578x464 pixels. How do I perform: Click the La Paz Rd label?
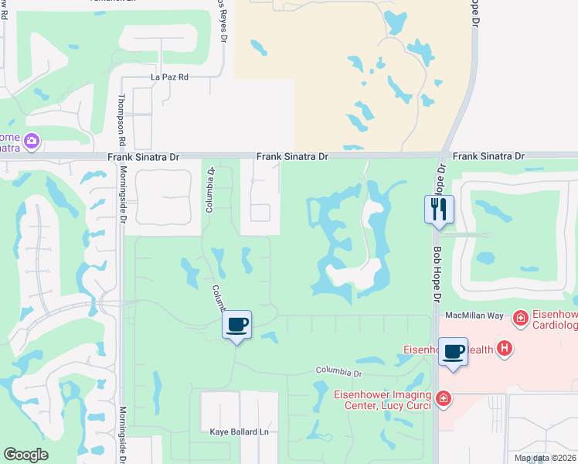169,78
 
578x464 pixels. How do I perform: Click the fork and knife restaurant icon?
438,209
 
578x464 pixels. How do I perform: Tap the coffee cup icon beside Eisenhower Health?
453,352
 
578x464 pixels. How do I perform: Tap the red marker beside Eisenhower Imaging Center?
443,399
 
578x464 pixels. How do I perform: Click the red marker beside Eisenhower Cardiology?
521,317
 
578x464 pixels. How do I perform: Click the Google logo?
26,455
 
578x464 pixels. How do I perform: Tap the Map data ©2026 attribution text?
545,458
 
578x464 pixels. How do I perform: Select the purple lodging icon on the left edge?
32,141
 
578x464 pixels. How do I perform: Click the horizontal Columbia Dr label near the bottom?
338,373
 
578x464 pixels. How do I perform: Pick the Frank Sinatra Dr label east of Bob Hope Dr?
488,156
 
